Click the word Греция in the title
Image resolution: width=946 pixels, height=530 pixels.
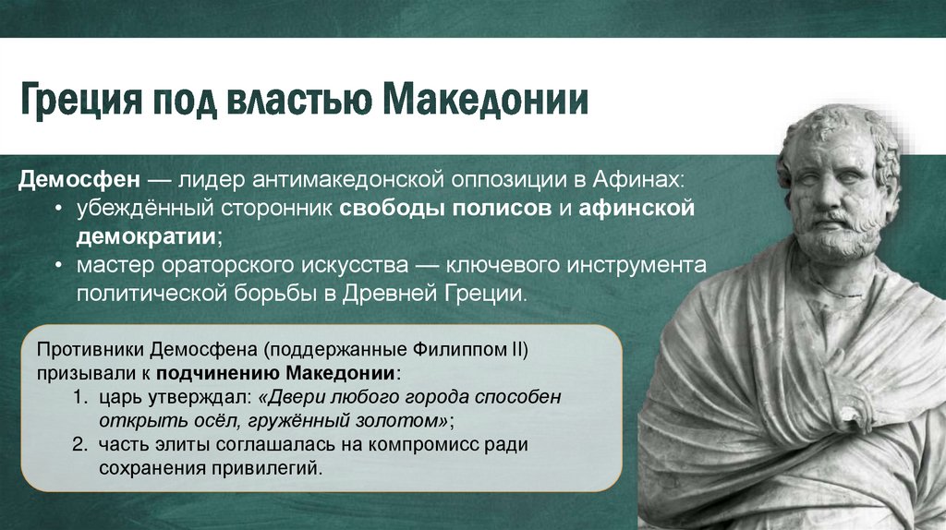81,100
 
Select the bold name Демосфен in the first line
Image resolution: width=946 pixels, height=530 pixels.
79,179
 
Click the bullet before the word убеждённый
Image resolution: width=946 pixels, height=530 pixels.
58,209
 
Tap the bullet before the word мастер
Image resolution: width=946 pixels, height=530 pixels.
58,265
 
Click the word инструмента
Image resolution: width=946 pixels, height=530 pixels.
634,266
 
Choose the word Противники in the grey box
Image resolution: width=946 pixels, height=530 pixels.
90,350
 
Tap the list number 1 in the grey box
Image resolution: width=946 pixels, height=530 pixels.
79,397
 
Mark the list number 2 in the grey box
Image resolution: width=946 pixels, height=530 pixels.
79,444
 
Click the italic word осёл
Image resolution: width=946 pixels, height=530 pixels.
222,420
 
